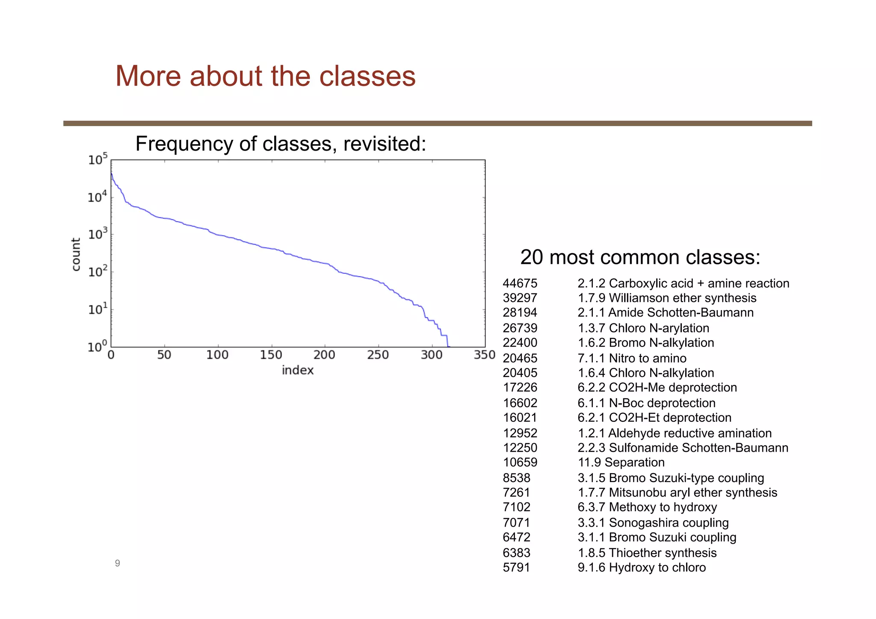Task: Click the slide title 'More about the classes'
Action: [x=265, y=76]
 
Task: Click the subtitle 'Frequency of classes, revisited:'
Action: [x=281, y=144]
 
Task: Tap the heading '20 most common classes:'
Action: [x=640, y=258]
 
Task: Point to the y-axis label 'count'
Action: [x=76, y=254]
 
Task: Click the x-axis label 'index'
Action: [x=298, y=370]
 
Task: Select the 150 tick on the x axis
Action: [x=271, y=355]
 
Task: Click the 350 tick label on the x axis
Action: [x=485, y=355]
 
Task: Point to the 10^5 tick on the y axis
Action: [x=98, y=160]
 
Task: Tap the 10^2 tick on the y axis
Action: [x=98, y=272]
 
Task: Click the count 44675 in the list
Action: [x=520, y=283]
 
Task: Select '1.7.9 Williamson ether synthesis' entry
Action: [x=666, y=298]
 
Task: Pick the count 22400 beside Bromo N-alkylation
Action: [x=520, y=343]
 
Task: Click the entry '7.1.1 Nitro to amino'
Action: [x=631, y=358]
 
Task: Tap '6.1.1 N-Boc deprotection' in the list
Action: [x=646, y=403]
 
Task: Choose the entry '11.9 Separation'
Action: [x=621, y=462]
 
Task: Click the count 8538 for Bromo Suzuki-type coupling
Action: [x=516, y=478]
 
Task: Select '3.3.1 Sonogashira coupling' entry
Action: [x=653, y=523]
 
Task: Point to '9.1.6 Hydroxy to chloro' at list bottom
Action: [x=641, y=568]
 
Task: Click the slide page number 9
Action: [x=117, y=563]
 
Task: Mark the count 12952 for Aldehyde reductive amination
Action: [x=520, y=433]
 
